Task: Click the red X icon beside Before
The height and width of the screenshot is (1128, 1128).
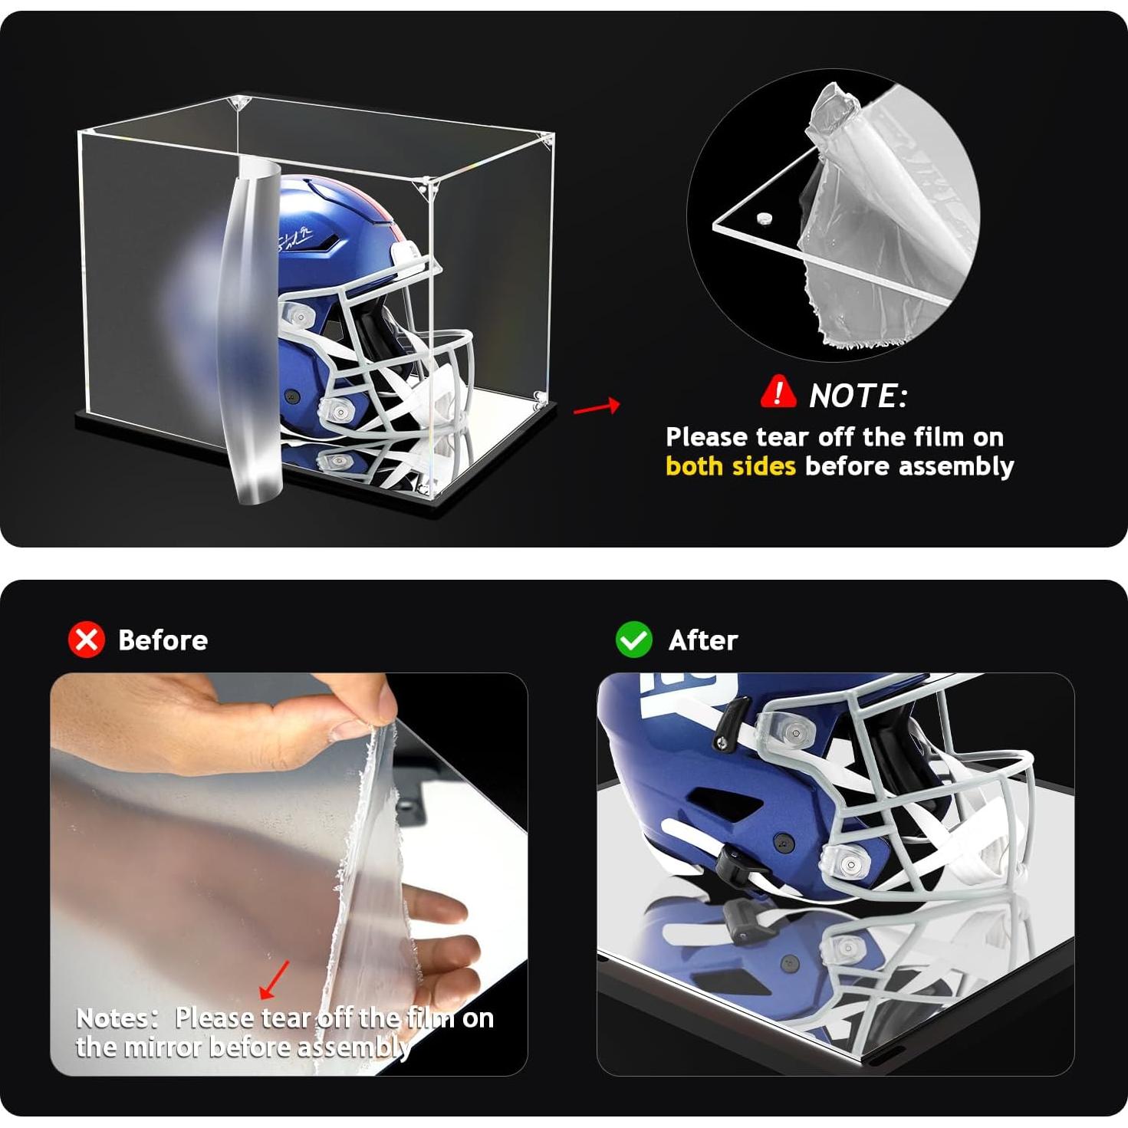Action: coord(87,640)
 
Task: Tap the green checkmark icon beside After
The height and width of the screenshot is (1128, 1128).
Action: coord(633,640)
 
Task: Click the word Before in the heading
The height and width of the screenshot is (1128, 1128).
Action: coord(163,640)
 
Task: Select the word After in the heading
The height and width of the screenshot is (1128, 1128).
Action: coord(702,640)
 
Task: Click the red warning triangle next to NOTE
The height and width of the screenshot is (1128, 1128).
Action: coord(778,392)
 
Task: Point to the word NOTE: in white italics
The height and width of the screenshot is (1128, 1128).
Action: coord(858,396)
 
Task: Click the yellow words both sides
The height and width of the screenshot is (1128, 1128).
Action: coord(730,466)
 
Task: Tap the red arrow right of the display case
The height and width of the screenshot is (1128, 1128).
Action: coord(597,406)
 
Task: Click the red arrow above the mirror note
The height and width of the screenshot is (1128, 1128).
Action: coord(275,980)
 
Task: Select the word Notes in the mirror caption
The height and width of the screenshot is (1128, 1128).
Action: coord(116,1018)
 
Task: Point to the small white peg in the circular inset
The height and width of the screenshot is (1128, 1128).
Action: coord(765,219)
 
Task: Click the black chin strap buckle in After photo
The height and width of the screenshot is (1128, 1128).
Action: coord(732,864)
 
